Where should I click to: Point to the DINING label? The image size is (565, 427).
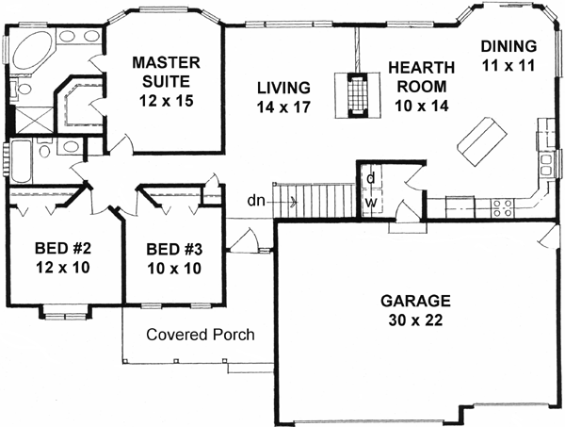tap(508, 45)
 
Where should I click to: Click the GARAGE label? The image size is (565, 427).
tap(415, 302)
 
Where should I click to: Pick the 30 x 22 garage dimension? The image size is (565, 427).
tap(415, 320)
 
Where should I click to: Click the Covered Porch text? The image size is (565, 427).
tap(201, 335)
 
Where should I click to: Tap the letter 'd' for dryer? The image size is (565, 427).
tap(372, 178)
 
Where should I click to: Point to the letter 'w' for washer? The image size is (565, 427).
tap(372, 201)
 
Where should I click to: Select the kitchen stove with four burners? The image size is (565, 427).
tap(500, 202)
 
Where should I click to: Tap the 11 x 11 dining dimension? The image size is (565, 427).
tap(508, 68)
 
